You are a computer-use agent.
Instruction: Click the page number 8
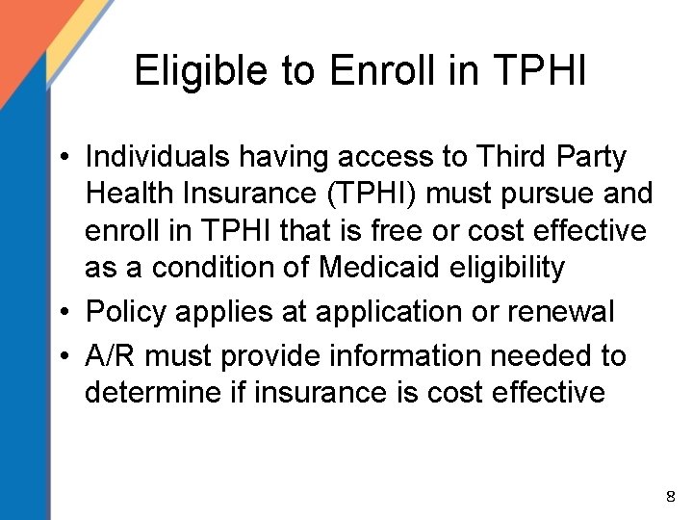(671, 497)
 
